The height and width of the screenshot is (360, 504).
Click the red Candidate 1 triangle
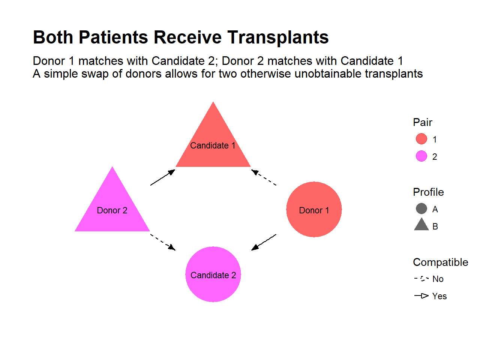coord(213,145)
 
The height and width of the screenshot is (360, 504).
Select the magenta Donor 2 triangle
coord(112,210)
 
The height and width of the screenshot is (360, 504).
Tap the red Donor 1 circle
coord(314,210)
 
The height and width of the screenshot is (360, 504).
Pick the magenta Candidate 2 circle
coord(213,274)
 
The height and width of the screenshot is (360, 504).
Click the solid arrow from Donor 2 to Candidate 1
coord(163,177)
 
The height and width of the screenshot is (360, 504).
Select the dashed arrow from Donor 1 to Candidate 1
coord(264,177)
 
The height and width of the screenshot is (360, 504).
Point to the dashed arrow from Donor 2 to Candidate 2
coord(163,242)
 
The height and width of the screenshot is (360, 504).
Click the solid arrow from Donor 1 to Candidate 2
coord(264,242)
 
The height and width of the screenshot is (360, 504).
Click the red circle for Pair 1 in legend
coord(421,139)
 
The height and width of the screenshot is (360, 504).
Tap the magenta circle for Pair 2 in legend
coord(421,156)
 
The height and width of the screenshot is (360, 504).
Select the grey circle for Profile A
coord(421,208)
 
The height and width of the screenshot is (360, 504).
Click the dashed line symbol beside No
coord(421,279)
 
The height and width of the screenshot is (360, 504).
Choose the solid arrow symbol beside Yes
coord(421,295)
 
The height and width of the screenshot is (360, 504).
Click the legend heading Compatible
coord(441,262)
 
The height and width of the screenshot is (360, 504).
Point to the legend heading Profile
coord(428,192)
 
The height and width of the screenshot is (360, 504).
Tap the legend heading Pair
coord(423,122)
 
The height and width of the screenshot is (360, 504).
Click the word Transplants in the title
coord(278,38)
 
